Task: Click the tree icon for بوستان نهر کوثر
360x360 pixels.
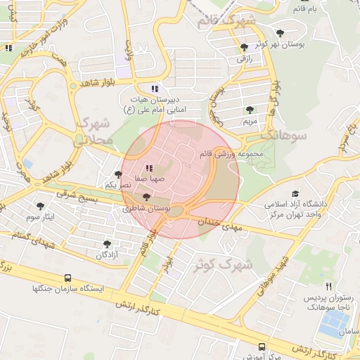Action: point(281,32)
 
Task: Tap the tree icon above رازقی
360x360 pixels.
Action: point(244,48)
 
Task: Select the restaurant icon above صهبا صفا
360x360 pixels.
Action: point(148,168)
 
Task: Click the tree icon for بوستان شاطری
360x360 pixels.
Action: point(146,198)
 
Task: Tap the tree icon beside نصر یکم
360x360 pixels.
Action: point(117,174)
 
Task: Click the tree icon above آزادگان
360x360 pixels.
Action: point(107,243)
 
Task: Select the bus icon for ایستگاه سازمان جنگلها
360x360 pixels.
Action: point(67,278)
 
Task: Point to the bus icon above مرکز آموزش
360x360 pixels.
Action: point(262,347)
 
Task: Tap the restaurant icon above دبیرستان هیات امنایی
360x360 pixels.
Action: point(155,89)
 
